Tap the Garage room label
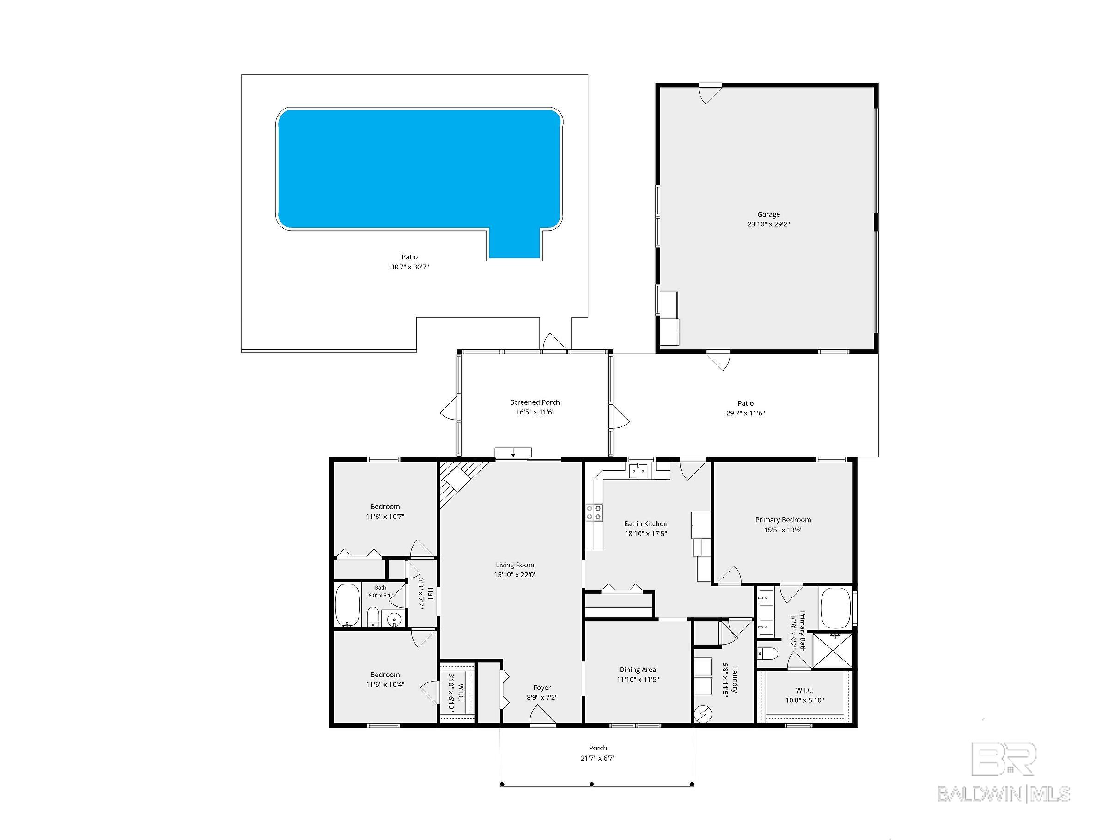point(768,215)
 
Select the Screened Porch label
point(535,402)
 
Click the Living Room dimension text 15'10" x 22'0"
point(515,575)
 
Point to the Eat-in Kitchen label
point(645,523)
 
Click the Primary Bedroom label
point(783,520)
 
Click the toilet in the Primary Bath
point(767,654)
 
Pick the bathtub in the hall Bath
point(347,605)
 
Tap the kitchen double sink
point(639,471)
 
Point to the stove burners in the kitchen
point(593,512)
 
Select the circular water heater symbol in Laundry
point(704,714)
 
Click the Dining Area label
point(638,670)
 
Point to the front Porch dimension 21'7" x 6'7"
point(597,758)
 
